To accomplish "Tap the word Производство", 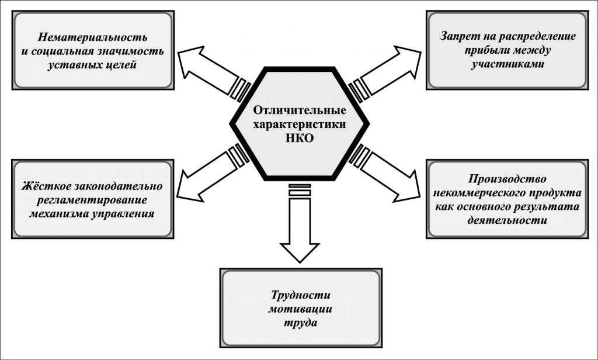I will click(x=506, y=179).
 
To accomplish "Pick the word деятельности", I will click(x=506, y=221).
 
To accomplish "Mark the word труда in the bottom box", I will click(x=300, y=323).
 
